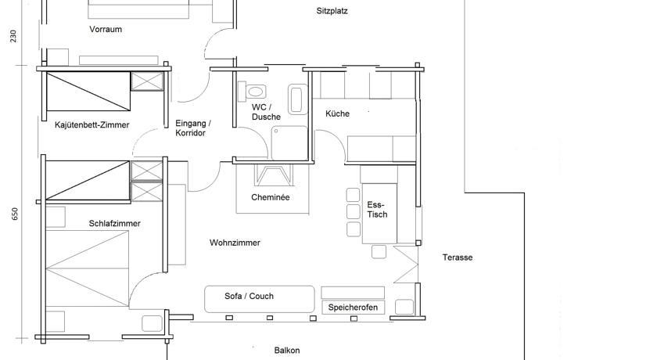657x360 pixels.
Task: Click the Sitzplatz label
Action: [x=332, y=11]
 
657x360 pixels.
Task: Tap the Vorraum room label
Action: [x=106, y=29]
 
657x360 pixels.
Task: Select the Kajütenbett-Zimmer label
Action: [x=92, y=125]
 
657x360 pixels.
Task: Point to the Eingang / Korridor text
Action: [x=192, y=128]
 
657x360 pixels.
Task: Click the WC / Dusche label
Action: [x=266, y=113]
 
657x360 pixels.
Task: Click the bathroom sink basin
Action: [x=296, y=99]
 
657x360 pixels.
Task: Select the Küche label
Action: [x=337, y=113]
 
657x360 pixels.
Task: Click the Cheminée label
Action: [x=271, y=197]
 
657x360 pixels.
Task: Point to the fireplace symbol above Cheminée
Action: [x=274, y=175]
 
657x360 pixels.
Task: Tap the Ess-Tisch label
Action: [x=377, y=210]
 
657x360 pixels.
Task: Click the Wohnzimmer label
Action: [x=235, y=243]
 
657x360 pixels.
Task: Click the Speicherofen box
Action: [x=353, y=308]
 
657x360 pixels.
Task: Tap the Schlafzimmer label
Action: [x=114, y=223]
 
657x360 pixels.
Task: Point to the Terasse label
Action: [x=458, y=257]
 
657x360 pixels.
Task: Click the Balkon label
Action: [x=287, y=351]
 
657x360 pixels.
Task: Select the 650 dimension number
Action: [x=15, y=214]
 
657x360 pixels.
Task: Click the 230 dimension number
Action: [x=13, y=36]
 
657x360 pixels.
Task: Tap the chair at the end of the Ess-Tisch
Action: [x=379, y=251]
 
